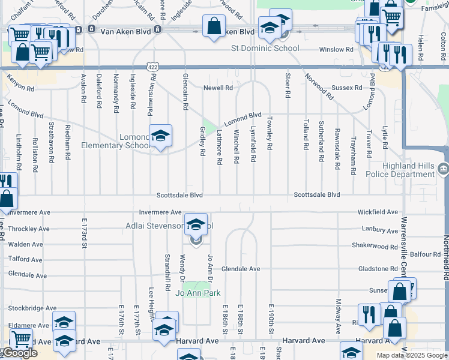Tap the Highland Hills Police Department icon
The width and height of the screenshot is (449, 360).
(444, 169)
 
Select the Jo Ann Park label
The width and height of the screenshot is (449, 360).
(197, 293)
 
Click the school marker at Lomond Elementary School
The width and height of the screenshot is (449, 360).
(160, 137)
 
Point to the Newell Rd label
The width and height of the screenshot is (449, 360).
(218, 88)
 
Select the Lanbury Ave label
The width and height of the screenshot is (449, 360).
(380, 230)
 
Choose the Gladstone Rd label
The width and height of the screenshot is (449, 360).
(377, 269)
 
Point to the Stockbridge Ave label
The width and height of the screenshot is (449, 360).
(32, 308)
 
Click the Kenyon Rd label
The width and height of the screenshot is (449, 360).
(21, 82)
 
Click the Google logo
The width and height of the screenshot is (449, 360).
(19, 353)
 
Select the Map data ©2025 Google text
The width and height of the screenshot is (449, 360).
(412, 355)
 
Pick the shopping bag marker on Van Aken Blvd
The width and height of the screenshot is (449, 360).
(214, 26)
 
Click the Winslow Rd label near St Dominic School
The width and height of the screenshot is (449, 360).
(336, 50)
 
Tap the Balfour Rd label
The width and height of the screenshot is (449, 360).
(427, 254)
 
